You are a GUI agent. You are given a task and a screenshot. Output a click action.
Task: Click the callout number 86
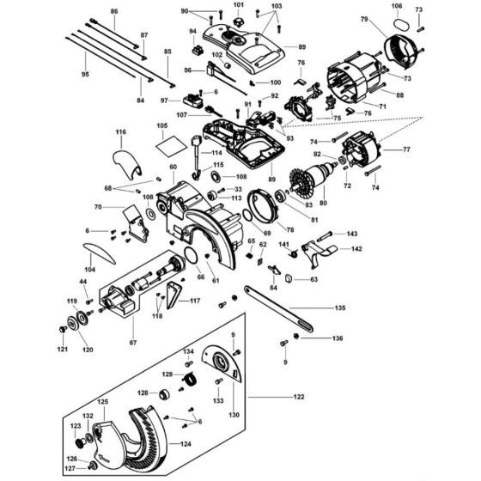(113, 12)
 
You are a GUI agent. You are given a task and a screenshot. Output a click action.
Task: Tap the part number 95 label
(84, 76)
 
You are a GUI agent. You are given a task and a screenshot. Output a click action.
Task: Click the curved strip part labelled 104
(99, 253)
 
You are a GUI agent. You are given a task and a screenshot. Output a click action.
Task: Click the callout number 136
(338, 338)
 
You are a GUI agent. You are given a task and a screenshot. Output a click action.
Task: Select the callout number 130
(234, 415)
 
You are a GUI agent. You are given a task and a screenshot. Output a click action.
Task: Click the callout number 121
(61, 350)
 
